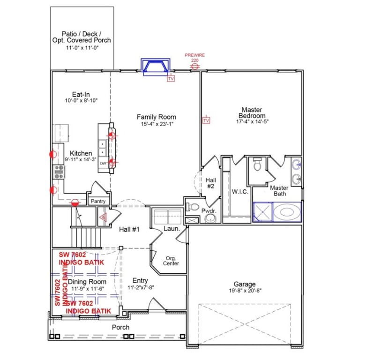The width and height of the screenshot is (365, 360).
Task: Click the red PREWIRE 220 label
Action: (x=194, y=58)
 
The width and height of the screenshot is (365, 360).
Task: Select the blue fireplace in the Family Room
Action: (x=156, y=67)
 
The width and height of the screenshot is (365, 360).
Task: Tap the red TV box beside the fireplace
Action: (x=171, y=79)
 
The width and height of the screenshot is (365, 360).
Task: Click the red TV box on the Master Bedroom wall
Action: (x=206, y=120)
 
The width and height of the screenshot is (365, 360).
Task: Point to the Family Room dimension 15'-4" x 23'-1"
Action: (x=156, y=124)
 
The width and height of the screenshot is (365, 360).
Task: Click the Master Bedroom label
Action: (x=252, y=112)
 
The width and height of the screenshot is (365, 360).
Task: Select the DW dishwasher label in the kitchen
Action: (x=103, y=164)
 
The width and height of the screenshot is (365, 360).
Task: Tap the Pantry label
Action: (x=98, y=201)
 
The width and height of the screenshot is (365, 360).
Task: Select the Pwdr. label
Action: (x=209, y=211)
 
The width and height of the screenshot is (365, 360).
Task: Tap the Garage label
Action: (x=245, y=284)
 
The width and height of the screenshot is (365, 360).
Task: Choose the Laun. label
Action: (x=169, y=229)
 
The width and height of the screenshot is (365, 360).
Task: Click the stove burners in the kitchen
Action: (x=59, y=173)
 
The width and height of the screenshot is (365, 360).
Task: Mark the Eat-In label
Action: (x=81, y=94)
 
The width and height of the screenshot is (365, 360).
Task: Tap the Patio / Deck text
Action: (x=82, y=34)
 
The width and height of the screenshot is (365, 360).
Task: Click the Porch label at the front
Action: (x=120, y=327)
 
